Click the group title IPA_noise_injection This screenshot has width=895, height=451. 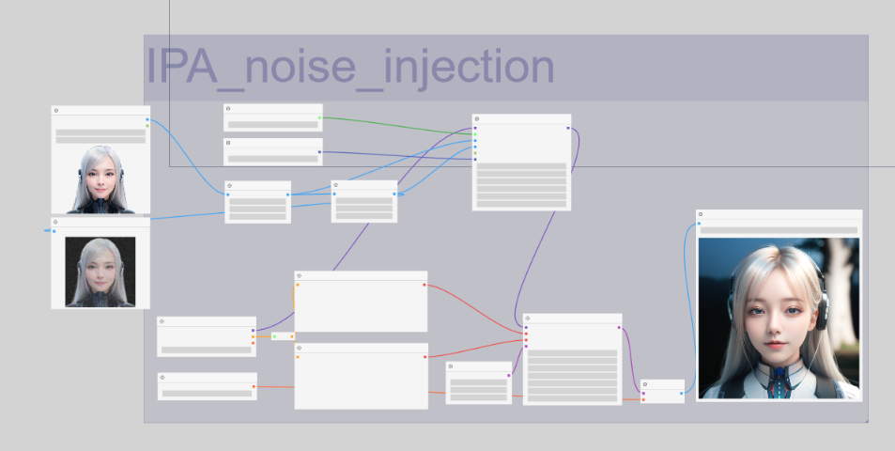click(350, 68)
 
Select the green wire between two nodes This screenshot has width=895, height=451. click(396, 126)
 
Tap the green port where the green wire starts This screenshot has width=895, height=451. click(319, 117)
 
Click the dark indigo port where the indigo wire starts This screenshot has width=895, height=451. click(319, 152)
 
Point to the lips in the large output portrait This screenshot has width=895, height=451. click(772, 345)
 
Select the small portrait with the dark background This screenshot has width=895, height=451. click(100, 272)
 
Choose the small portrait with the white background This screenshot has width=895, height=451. click(100, 179)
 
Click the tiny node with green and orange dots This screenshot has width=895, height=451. click(283, 336)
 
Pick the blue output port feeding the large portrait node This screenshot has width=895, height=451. click(681, 394)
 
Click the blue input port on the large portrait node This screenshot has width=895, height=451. click(699, 224)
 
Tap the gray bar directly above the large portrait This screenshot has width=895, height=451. click(779, 230)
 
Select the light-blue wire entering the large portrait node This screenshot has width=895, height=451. click(687, 308)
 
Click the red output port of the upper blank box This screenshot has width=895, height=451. click(424, 285)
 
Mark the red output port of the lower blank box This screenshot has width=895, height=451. click(424, 357)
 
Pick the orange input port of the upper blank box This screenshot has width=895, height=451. click(298, 285)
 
